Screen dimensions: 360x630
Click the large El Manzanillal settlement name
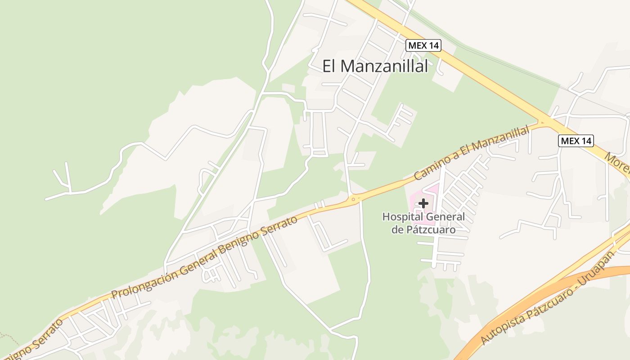375,66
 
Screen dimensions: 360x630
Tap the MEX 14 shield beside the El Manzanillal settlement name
423,45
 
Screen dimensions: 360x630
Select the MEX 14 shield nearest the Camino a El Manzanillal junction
576,141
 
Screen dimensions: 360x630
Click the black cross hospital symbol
423,203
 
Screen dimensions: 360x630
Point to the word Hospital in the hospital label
402,217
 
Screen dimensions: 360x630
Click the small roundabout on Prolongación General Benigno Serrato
353,199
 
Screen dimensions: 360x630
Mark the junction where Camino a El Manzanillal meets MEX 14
542,122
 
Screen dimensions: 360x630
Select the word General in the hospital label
445,217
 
